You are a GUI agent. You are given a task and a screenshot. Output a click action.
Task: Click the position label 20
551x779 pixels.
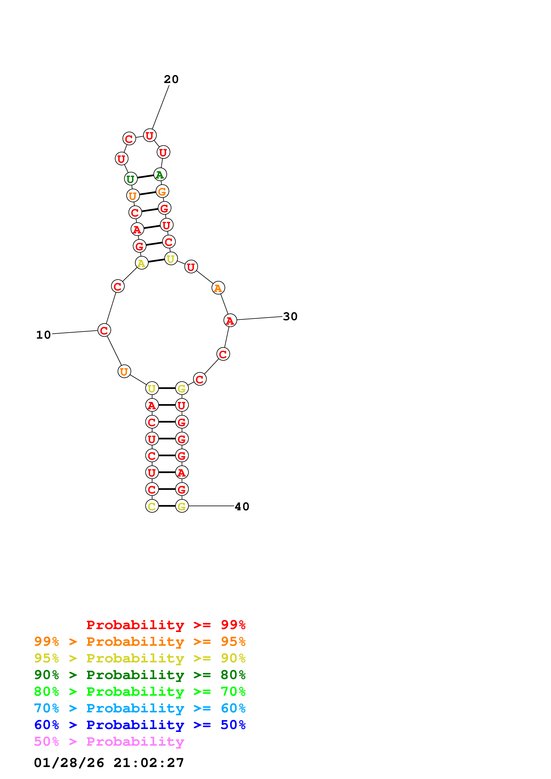click(x=171, y=79)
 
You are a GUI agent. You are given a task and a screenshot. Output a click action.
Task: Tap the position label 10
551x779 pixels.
click(x=44, y=335)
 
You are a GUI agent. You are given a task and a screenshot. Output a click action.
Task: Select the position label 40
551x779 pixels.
click(x=242, y=507)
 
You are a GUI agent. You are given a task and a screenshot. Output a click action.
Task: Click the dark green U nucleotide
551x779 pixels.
click(x=131, y=179)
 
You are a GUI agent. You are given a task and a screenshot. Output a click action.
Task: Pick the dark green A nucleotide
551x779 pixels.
click(x=160, y=175)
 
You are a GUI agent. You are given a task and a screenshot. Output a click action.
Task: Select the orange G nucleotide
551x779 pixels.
click(x=162, y=191)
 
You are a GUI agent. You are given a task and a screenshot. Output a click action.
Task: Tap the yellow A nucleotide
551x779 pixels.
click(x=142, y=263)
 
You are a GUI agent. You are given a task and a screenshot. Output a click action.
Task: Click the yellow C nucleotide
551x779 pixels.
click(x=152, y=506)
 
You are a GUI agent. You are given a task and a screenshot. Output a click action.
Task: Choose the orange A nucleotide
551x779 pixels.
click(x=218, y=288)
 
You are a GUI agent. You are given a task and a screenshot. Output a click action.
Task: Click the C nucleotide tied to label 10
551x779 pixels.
click(x=104, y=330)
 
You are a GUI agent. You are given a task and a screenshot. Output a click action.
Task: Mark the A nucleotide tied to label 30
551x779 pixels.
click(x=230, y=320)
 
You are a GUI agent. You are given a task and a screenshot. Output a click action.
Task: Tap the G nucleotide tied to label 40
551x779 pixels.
click(x=182, y=506)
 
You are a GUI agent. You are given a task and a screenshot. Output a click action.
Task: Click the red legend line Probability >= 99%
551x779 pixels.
click(x=166, y=625)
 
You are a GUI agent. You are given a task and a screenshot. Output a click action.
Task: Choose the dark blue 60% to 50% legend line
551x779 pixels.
click(x=140, y=725)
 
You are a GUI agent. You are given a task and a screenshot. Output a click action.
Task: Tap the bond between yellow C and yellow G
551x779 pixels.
click(x=167, y=506)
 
